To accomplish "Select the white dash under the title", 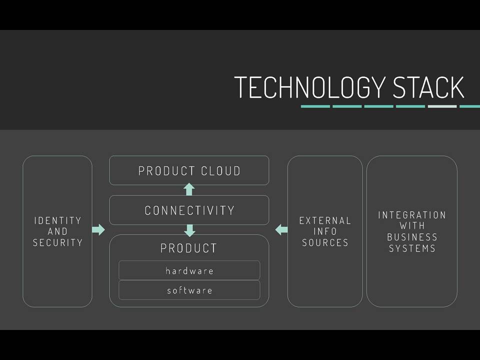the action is coord(442,106).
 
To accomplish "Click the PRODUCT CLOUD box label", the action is coord(189,171).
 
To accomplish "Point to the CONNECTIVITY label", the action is coord(189,210).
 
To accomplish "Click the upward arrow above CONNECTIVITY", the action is coord(189,189).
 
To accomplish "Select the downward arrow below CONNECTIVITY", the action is coord(189,230).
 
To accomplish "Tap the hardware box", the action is coord(189,270).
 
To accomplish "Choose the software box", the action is coord(189,290).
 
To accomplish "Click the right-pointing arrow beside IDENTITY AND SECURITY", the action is coord(98,229).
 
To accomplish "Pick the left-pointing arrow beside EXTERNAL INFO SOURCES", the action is coord(281,229).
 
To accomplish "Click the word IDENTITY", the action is coord(57,220).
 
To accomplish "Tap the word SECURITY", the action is coord(57,243).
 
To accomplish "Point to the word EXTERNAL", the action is coord(325,220).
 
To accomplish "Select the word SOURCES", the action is coord(325,243).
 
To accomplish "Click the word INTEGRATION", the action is coord(412,215).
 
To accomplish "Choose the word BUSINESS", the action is coord(412,237).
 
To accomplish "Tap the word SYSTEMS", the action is coord(412,248).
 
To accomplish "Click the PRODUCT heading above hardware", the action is coord(188,248).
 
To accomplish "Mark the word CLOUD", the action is coord(220,171).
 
